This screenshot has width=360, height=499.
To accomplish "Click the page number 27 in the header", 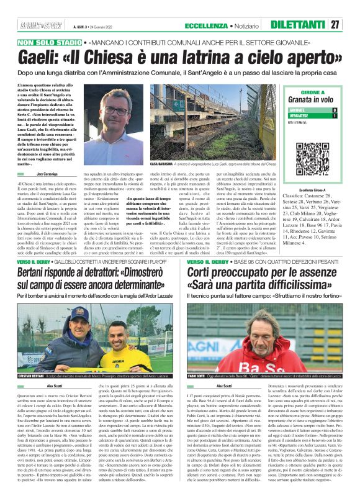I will point(335,25).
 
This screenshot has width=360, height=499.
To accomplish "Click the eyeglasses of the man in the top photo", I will point(116,112).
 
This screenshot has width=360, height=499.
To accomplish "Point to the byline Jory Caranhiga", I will point(54,177).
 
